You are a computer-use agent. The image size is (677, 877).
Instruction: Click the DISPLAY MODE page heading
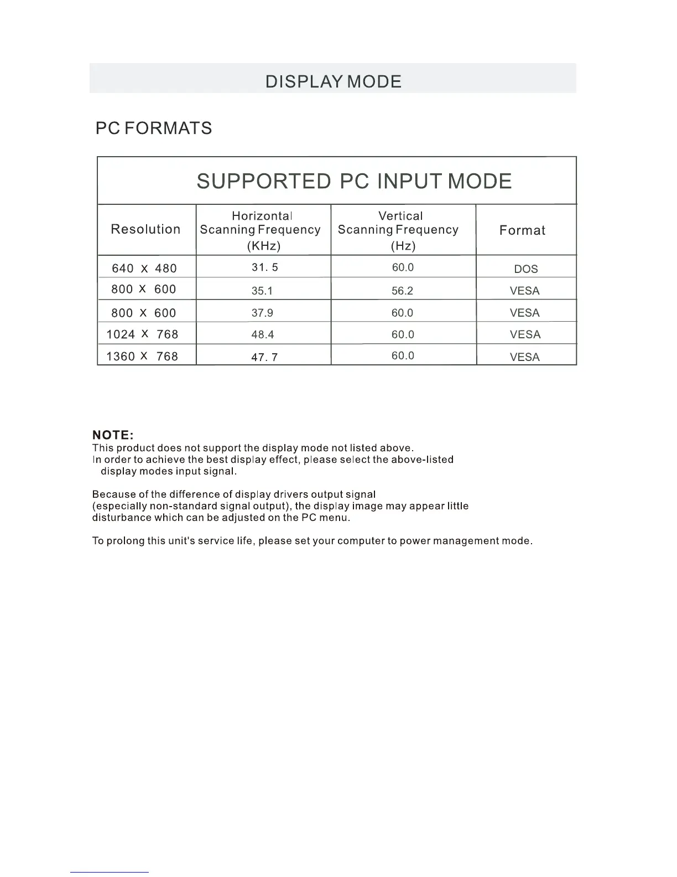tap(333, 81)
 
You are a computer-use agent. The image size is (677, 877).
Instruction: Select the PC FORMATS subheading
tap(154, 128)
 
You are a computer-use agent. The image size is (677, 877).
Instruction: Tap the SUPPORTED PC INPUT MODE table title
tap(354, 182)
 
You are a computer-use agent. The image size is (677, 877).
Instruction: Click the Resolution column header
tap(145, 229)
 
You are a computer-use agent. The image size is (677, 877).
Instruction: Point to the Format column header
tap(522, 230)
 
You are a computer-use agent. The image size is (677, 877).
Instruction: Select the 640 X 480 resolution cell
tap(144, 269)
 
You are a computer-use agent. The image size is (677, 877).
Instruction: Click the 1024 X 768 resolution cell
tap(142, 334)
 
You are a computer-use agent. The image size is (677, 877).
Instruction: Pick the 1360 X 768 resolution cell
tap(142, 357)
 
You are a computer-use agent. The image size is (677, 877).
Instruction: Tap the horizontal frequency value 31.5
tap(264, 267)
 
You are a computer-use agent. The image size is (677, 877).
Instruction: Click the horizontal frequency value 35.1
tap(262, 291)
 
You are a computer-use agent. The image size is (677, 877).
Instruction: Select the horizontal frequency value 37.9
tap(262, 313)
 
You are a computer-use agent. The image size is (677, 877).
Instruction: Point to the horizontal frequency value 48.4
tap(263, 334)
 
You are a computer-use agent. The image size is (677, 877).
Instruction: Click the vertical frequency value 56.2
tap(402, 291)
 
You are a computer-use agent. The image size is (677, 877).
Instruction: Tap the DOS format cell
tap(525, 269)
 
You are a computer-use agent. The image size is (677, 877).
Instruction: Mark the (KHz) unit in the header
tap(263, 246)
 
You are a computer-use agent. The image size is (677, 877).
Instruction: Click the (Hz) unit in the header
tap(403, 246)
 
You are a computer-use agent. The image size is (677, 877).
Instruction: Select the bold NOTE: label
tap(113, 435)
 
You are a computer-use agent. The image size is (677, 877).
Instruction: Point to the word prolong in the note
tap(125, 541)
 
